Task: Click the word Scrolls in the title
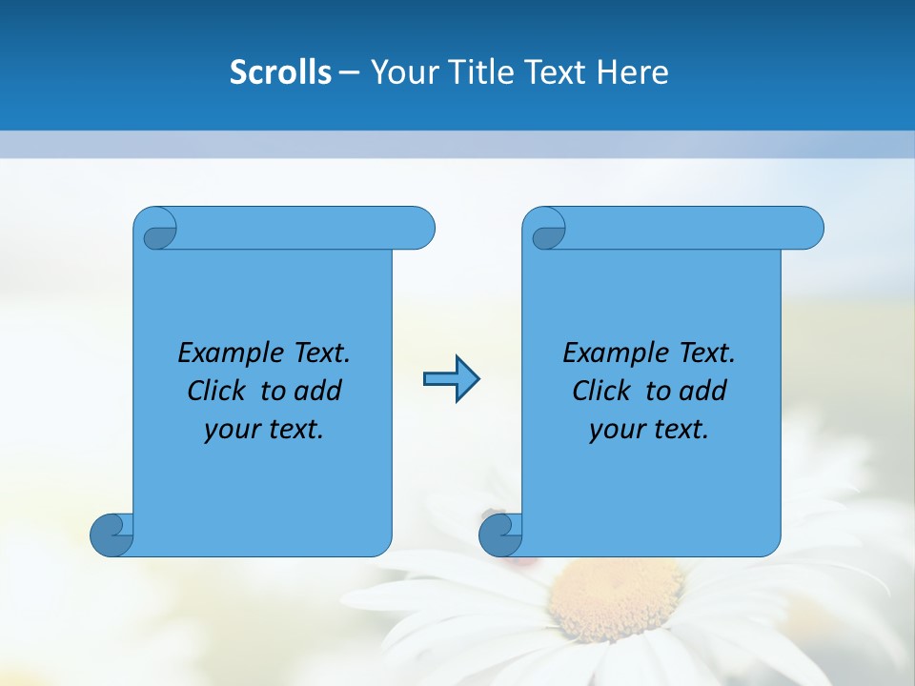tap(280, 71)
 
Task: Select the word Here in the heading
tap(632, 71)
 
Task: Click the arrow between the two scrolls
tap(451, 379)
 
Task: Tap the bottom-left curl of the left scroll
tap(112, 534)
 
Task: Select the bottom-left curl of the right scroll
tap(500, 534)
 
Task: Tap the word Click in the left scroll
tap(218, 391)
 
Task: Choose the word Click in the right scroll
tap(602, 391)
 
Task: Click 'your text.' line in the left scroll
tap(264, 429)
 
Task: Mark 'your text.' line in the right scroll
tap(649, 429)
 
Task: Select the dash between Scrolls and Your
tap(350, 71)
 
